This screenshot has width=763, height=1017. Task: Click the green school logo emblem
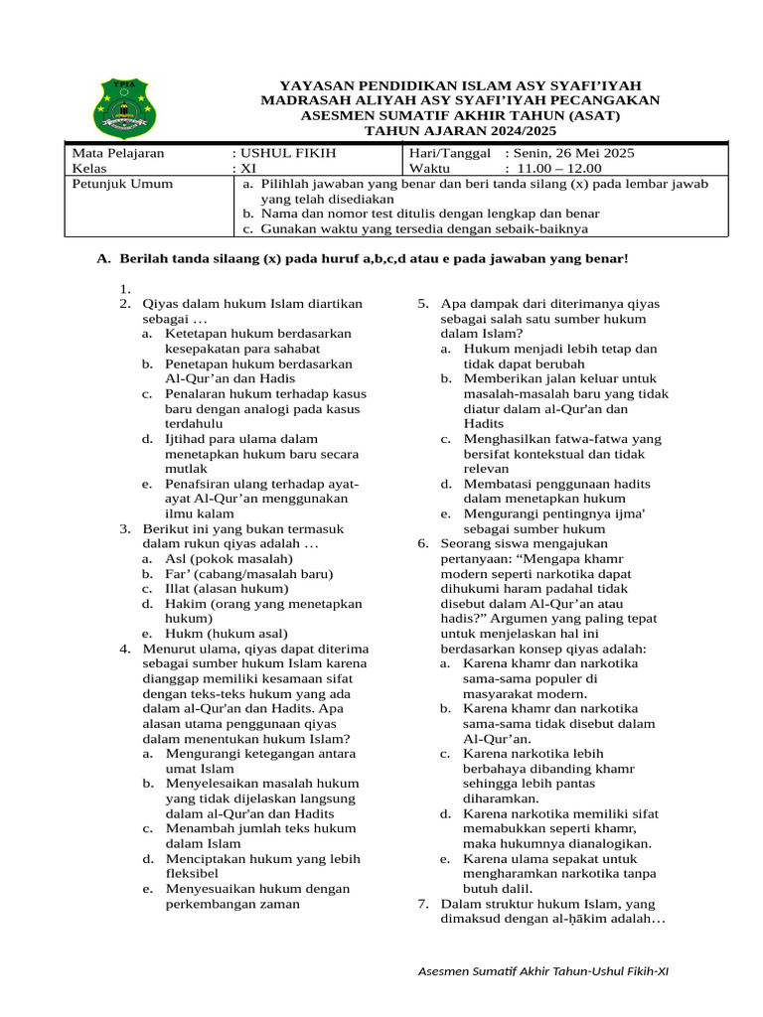point(124,107)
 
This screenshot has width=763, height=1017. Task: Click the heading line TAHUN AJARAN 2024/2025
point(460,131)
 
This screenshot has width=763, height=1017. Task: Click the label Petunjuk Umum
point(122,184)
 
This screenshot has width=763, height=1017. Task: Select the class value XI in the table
point(248,168)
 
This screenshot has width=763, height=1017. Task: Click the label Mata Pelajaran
point(118,153)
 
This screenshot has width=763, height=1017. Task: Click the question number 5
point(422,304)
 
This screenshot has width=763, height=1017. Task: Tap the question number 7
point(422,905)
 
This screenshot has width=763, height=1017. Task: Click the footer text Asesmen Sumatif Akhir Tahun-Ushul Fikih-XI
point(543,970)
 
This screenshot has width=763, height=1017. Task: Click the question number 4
point(124,649)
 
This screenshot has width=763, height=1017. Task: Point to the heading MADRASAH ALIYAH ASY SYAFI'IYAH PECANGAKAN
point(460,100)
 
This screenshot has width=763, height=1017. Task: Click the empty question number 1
point(124,289)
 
